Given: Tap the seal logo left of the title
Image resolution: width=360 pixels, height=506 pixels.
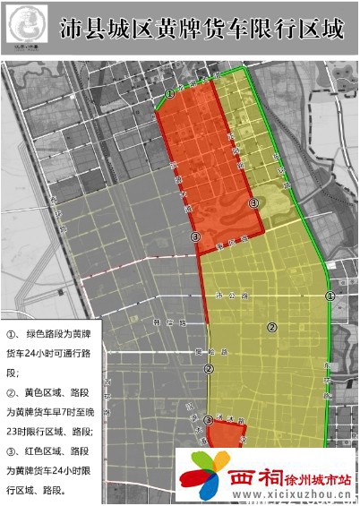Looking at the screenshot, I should coord(33,29).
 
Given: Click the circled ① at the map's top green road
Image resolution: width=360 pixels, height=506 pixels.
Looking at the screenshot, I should coord(170,93).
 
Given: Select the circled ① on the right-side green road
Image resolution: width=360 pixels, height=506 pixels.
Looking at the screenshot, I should coord(330,296).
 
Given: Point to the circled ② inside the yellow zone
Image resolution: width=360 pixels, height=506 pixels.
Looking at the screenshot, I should coord(271,327).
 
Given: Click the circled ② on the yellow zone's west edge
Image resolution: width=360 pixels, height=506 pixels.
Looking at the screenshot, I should coord(209,368).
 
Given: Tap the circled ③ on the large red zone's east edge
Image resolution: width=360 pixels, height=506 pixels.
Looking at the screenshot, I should coord(254,204).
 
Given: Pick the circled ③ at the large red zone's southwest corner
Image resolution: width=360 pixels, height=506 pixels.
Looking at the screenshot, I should coord(195,236).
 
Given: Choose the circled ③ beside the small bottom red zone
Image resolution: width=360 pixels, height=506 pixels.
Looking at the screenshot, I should coord(209,420).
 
